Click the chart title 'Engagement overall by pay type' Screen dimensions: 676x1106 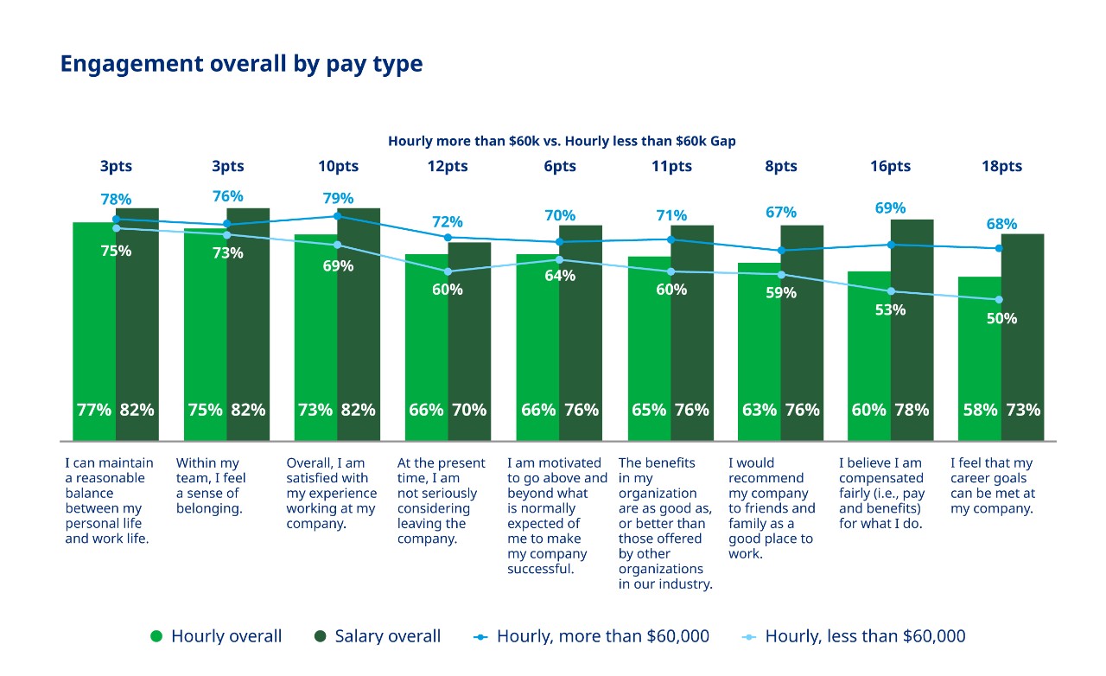coord(241,64)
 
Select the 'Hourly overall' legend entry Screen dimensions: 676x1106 coord(216,636)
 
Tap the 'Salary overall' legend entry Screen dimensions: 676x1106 coord(377,636)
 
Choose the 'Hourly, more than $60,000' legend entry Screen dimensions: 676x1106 coord(592,636)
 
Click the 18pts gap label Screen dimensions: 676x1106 coord(1001,166)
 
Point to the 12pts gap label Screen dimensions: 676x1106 coord(448,166)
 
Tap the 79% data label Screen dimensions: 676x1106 coord(338,198)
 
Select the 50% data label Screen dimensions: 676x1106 coord(1001,318)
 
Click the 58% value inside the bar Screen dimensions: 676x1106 coord(980,410)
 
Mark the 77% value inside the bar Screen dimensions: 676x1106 coord(94,410)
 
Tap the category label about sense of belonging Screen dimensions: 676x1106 coord(211,486)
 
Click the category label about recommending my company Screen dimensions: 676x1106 coord(771,508)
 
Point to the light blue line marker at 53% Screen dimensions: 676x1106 coord(891,291)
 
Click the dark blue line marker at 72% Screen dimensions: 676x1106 coord(448,237)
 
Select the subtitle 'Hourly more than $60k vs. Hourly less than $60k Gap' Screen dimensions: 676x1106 coord(562,141)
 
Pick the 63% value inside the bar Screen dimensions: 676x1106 coord(759,410)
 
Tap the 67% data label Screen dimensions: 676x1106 coord(780,213)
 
